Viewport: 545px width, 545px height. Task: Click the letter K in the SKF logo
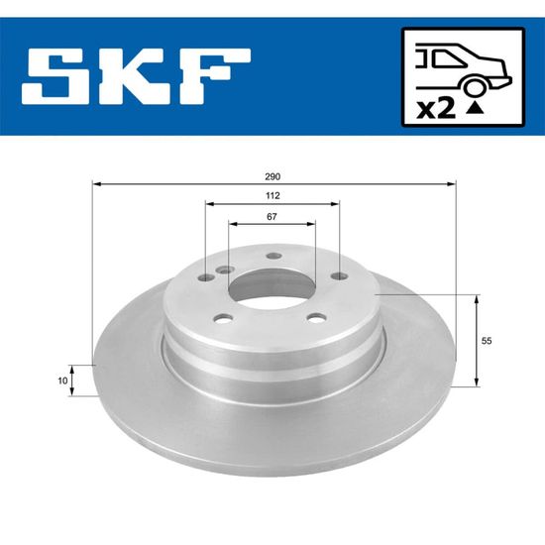coord(132,76)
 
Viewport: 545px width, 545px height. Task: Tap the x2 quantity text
coord(436,109)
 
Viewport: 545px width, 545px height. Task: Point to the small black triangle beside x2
coord(475,108)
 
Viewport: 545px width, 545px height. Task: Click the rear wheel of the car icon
coord(474,87)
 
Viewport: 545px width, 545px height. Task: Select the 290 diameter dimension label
coord(272,176)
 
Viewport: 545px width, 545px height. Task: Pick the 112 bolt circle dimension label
coord(272,195)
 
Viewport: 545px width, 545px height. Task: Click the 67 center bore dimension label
coord(272,217)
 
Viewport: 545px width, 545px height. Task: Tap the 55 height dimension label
coord(487,341)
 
